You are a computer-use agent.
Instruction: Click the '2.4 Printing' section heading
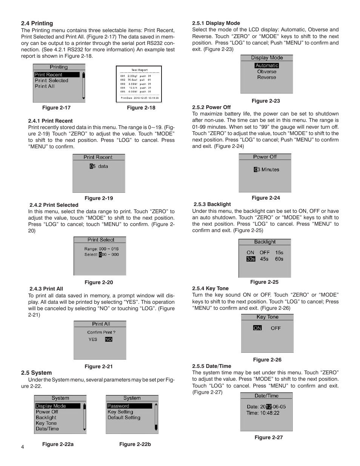37,23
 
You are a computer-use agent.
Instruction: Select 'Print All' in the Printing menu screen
45,86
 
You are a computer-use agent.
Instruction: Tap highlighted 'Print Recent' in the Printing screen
48,75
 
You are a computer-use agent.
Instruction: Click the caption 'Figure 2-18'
141,108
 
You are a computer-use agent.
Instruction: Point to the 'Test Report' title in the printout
139,70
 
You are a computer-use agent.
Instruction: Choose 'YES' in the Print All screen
93,340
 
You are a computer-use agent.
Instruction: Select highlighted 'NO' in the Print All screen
109,340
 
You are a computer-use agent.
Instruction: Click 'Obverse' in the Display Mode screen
267,72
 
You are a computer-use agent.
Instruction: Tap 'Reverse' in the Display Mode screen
267,77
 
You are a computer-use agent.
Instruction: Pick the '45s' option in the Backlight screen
264,259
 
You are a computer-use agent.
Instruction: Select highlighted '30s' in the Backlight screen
251,259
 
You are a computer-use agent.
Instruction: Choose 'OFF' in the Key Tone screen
276,328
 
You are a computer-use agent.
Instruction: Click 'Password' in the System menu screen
118,406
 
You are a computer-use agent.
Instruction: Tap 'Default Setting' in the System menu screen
124,418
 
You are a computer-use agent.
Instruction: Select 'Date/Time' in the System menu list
47,429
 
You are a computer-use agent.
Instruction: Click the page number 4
23,447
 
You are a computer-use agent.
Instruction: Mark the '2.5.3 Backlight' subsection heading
212,205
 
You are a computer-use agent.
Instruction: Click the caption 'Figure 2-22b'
135,444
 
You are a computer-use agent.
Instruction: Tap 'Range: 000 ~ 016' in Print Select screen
102,249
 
